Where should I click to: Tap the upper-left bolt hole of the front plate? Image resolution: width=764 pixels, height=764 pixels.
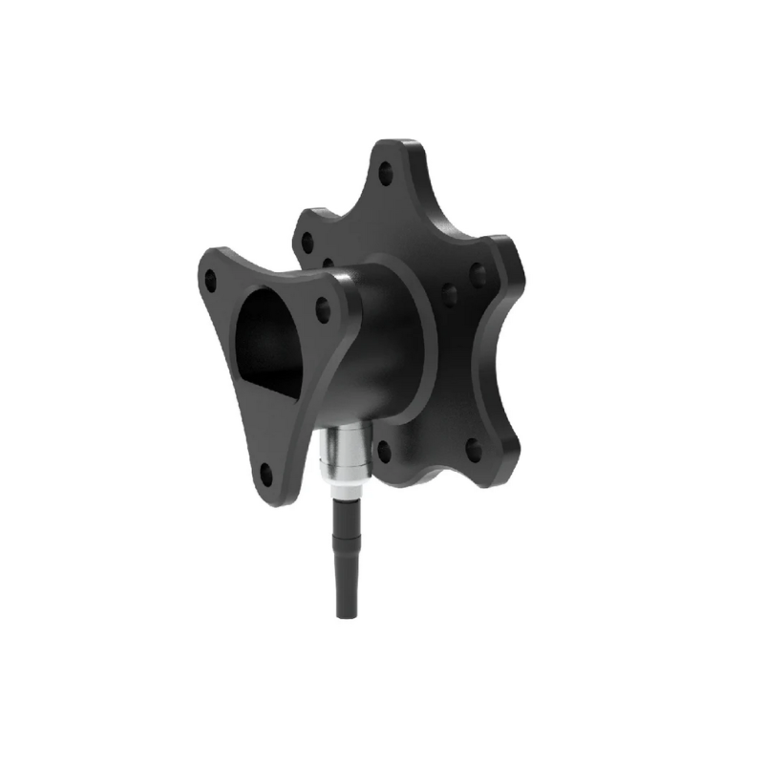pyautogui.click(x=210, y=281)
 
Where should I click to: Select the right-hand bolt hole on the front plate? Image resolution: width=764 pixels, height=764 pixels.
pyautogui.click(x=323, y=308)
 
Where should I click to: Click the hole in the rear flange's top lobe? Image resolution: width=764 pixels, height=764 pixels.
pyautogui.click(x=386, y=175)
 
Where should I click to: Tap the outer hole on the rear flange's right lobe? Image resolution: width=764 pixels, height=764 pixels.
pyautogui.click(x=477, y=277)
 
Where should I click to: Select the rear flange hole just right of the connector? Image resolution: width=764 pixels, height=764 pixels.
pyautogui.click(x=385, y=450)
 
